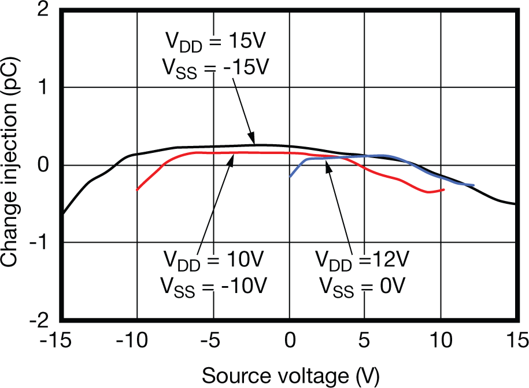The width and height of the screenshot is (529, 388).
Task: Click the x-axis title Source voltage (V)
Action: (290, 375)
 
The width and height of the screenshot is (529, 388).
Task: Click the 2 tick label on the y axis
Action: (43, 12)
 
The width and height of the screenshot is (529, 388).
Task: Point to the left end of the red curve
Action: (137, 189)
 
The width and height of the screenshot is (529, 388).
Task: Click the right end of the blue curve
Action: (473, 185)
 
